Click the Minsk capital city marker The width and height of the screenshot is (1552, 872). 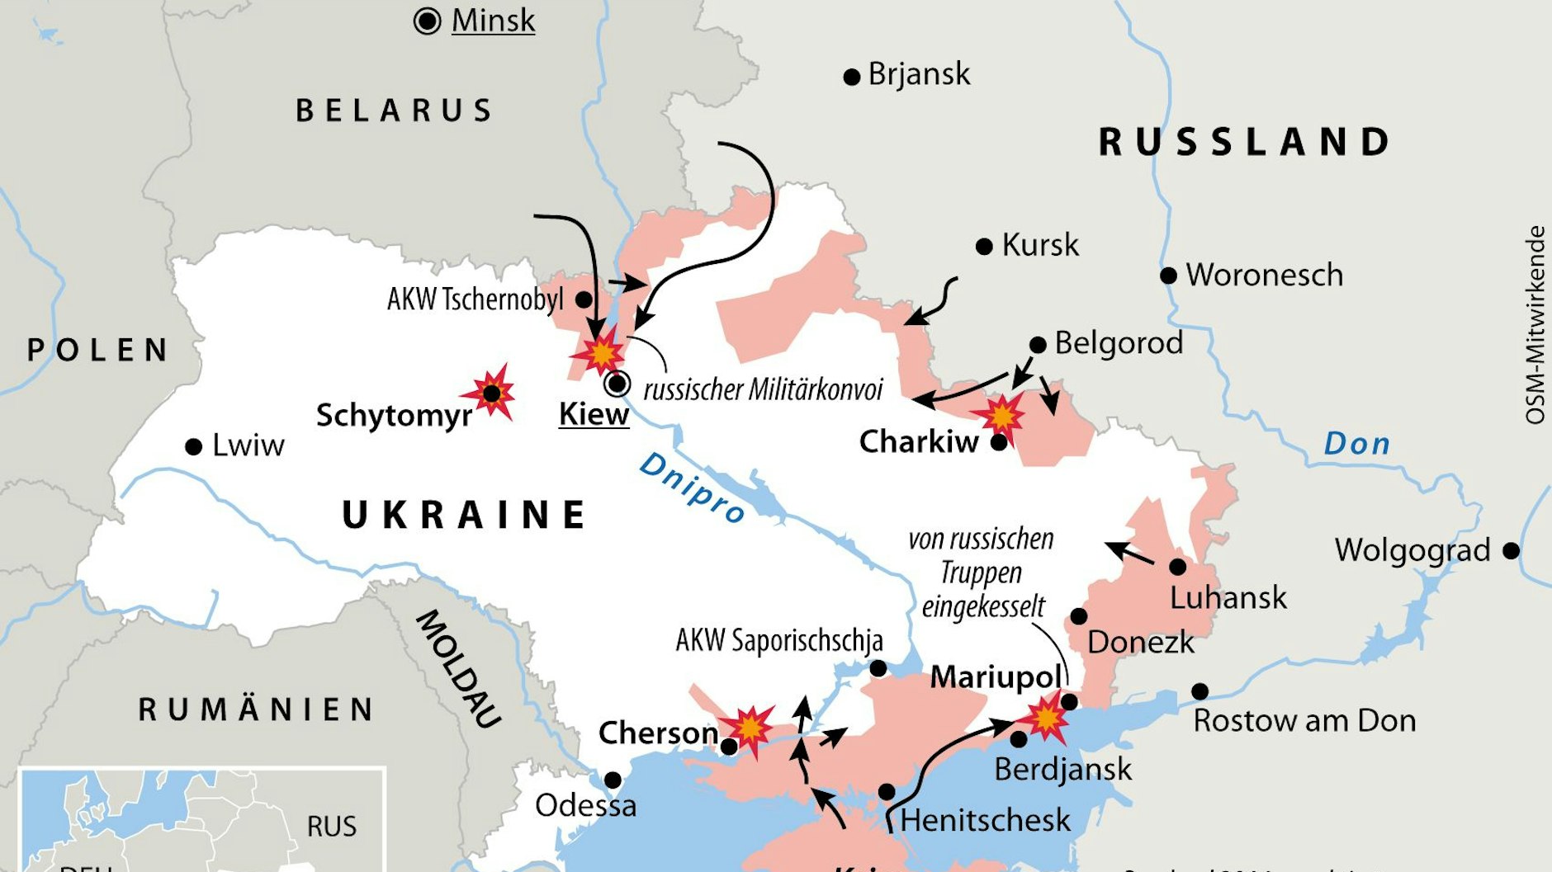(x=427, y=21)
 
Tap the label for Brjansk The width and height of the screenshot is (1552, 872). (x=919, y=75)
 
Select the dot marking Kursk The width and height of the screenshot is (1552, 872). (x=984, y=247)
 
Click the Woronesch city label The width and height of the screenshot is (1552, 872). (x=1264, y=276)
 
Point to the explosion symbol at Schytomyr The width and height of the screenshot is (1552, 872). (x=491, y=394)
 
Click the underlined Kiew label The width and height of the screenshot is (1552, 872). (x=594, y=414)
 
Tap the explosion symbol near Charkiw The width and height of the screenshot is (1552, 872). (x=1001, y=416)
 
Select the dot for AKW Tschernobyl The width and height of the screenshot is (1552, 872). (x=584, y=299)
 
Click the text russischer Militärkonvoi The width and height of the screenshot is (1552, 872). (x=763, y=389)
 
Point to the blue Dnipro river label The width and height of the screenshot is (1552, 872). (x=692, y=488)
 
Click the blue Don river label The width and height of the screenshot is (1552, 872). (x=1356, y=445)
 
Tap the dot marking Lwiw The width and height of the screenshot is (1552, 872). (x=194, y=447)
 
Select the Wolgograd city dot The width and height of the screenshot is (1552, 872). (x=1511, y=550)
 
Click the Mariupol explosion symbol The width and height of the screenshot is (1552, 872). (x=1046, y=718)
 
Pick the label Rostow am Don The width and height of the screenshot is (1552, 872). (x=1304, y=721)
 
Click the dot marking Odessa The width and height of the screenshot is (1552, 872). (x=613, y=780)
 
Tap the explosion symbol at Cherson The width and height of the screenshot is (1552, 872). (x=749, y=728)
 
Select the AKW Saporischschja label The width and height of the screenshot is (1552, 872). (x=779, y=641)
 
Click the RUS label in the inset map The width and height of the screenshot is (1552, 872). (x=332, y=827)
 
